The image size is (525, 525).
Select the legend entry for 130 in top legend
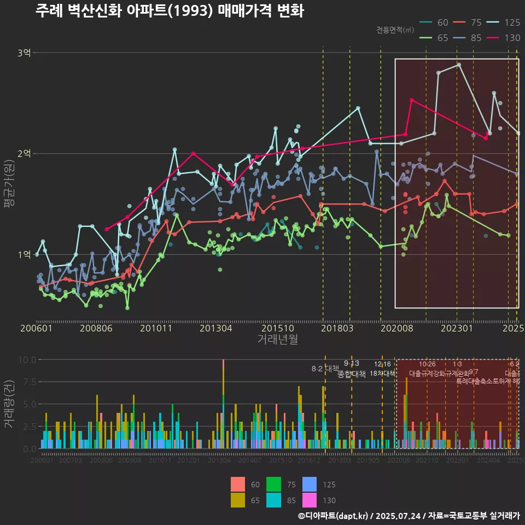pos(503,38)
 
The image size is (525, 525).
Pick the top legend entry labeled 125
pos(503,22)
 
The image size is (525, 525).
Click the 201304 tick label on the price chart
pos(216,329)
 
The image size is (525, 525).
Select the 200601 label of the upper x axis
pos(36,329)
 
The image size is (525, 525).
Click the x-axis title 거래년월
pos(278,340)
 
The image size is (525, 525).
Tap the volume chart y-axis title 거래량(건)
pos(9,404)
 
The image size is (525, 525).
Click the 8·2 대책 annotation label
pos(325,369)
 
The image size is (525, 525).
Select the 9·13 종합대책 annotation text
pos(352,369)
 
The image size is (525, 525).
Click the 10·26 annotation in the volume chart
pos(427,364)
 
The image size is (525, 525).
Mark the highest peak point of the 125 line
pos(459,65)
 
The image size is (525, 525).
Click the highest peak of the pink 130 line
pos(412,100)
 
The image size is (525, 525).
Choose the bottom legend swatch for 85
pos(273,500)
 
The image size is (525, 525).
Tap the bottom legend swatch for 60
pos(238,485)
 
